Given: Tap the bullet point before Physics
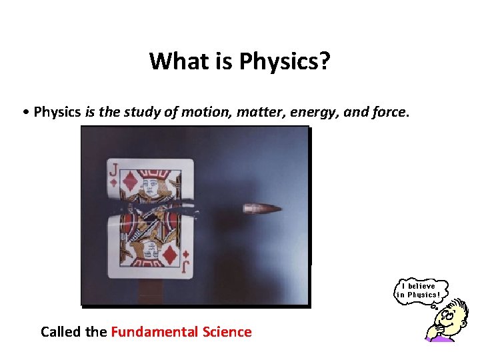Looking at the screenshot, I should point(25,112).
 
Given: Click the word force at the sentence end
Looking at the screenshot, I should point(386,111).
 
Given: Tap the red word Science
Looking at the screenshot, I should point(227,331).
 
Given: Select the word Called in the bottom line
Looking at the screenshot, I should point(61,331).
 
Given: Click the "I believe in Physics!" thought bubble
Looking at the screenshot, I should point(418,290).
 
